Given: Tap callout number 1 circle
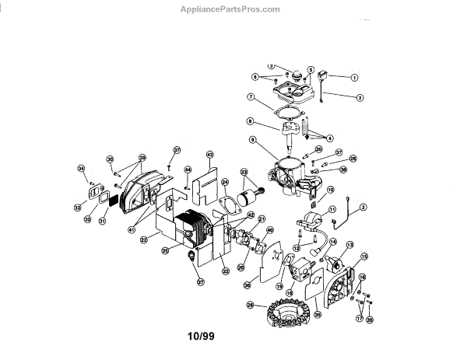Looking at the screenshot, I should [353, 77].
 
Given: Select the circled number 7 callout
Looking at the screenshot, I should [251, 96].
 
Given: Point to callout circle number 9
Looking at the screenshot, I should [252, 140].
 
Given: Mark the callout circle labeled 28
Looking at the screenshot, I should [250, 304].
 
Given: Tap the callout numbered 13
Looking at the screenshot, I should [349, 245].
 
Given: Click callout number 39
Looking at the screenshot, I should [369, 320].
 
